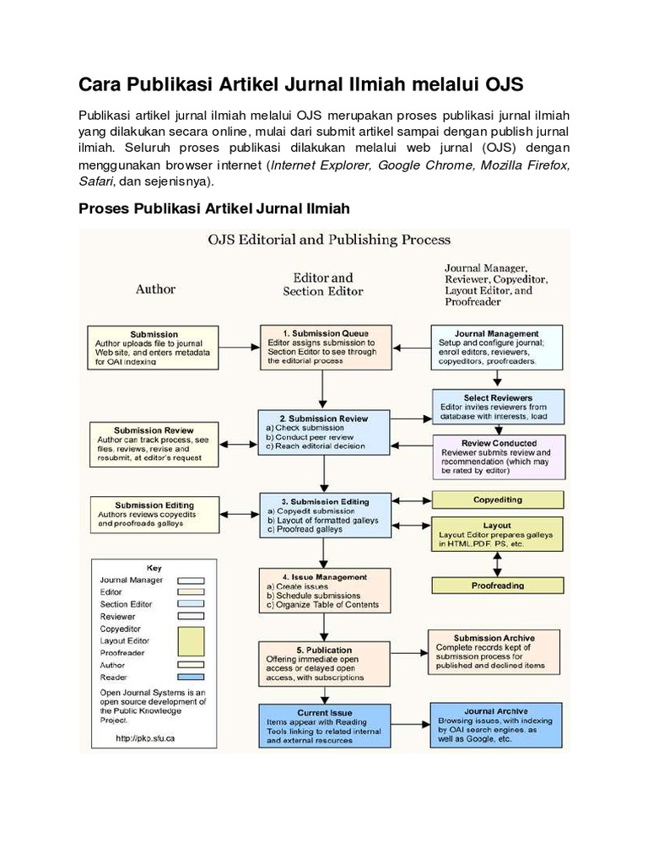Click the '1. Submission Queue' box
(x=325, y=346)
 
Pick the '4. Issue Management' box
(x=325, y=591)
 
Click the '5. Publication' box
(x=325, y=663)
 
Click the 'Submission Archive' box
(x=494, y=651)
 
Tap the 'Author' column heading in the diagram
(x=156, y=289)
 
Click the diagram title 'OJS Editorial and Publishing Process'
(x=329, y=240)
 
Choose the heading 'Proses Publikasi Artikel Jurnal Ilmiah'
(x=214, y=208)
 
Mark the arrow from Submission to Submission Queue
(x=239, y=346)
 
